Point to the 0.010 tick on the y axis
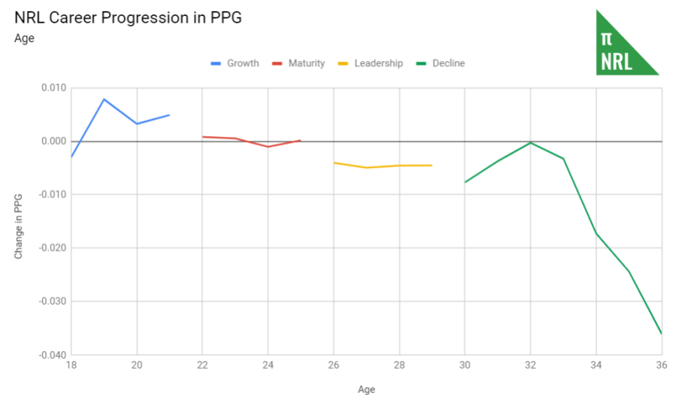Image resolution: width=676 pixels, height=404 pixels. [53, 88]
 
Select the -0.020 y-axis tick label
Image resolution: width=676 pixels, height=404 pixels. [52, 248]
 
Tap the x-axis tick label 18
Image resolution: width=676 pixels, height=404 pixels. [71, 366]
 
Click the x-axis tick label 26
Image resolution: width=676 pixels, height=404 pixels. [334, 366]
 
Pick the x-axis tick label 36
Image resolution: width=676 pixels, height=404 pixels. [662, 366]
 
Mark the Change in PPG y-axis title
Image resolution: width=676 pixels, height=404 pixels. [20, 226]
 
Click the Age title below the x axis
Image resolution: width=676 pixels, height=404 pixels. [366, 390]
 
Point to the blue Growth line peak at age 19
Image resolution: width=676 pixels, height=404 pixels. [104, 99]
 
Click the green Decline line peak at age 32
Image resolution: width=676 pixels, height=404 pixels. [531, 142]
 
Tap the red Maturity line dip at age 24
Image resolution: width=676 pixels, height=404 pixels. [268, 147]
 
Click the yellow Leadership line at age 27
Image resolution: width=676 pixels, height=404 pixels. [367, 168]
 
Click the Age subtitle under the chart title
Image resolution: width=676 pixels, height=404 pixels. [24, 38]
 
